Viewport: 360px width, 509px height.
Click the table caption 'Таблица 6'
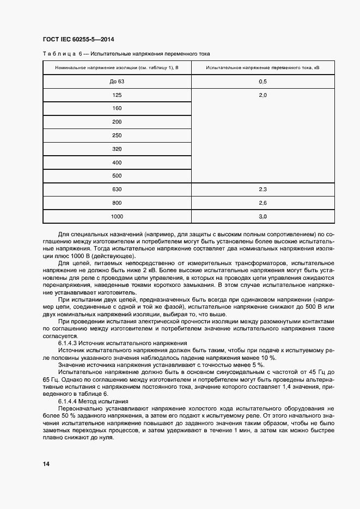[x=62, y=53]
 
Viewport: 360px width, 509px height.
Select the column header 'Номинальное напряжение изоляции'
[x=117, y=68]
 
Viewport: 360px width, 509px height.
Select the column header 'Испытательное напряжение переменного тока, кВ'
[x=263, y=68]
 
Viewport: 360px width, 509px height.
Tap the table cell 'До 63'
[x=117, y=82]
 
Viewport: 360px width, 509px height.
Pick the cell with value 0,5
[x=263, y=82]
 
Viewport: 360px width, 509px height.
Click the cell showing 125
[x=117, y=95]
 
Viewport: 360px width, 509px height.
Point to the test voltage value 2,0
[x=263, y=95]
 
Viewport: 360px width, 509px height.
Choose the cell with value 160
[x=117, y=108]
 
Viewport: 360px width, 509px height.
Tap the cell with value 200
[x=117, y=122]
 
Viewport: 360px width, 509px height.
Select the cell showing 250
[x=117, y=136]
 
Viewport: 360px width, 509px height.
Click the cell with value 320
[x=117, y=149]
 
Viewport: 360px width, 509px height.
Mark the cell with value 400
[x=117, y=163]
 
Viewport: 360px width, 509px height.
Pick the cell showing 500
[x=117, y=176]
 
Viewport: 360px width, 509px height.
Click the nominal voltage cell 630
[x=117, y=189]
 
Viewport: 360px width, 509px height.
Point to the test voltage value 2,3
[x=263, y=189]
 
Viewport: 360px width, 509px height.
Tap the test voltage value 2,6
[x=263, y=203]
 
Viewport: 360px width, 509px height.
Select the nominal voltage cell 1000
[x=117, y=217]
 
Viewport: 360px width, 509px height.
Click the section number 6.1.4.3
[x=68, y=344]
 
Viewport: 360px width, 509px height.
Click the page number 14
[x=46, y=464]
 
